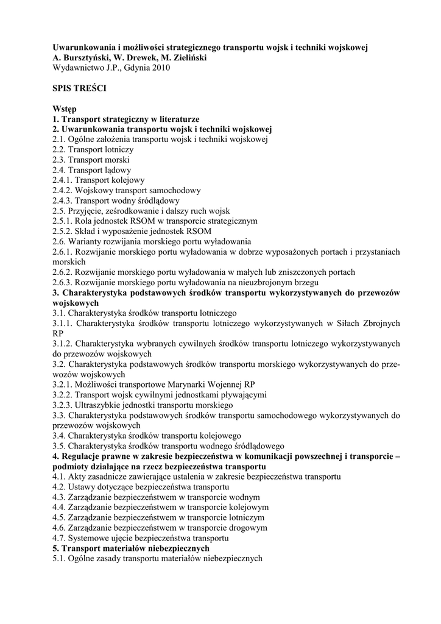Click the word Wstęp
(65, 108)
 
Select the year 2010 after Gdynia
(159, 68)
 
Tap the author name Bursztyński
(90, 57)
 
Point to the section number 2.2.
(59, 149)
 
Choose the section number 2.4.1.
(63, 180)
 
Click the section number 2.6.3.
(63, 282)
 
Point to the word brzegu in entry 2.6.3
(306, 282)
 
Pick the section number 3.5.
(59, 446)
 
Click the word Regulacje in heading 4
(83, 456)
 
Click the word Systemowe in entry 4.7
(89, 538)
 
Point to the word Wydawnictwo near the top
(78, 68)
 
